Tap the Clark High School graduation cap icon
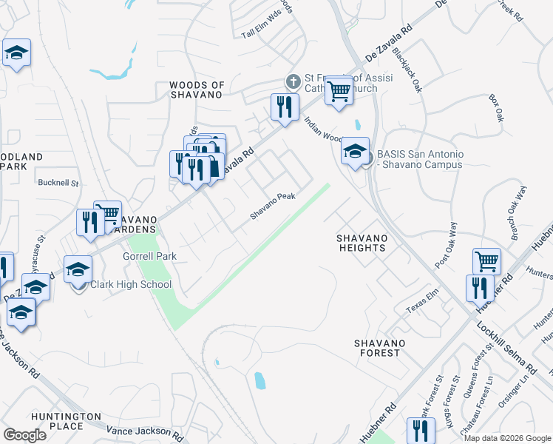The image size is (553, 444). click(78, 271)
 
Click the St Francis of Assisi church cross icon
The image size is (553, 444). click(293, 81)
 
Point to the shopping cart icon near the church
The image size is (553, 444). click(339, 91)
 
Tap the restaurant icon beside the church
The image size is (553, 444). click(284, 107)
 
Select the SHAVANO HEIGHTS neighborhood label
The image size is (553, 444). click(361, 243)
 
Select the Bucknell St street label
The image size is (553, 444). click(59, 181)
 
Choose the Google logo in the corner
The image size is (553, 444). click(24, 435)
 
